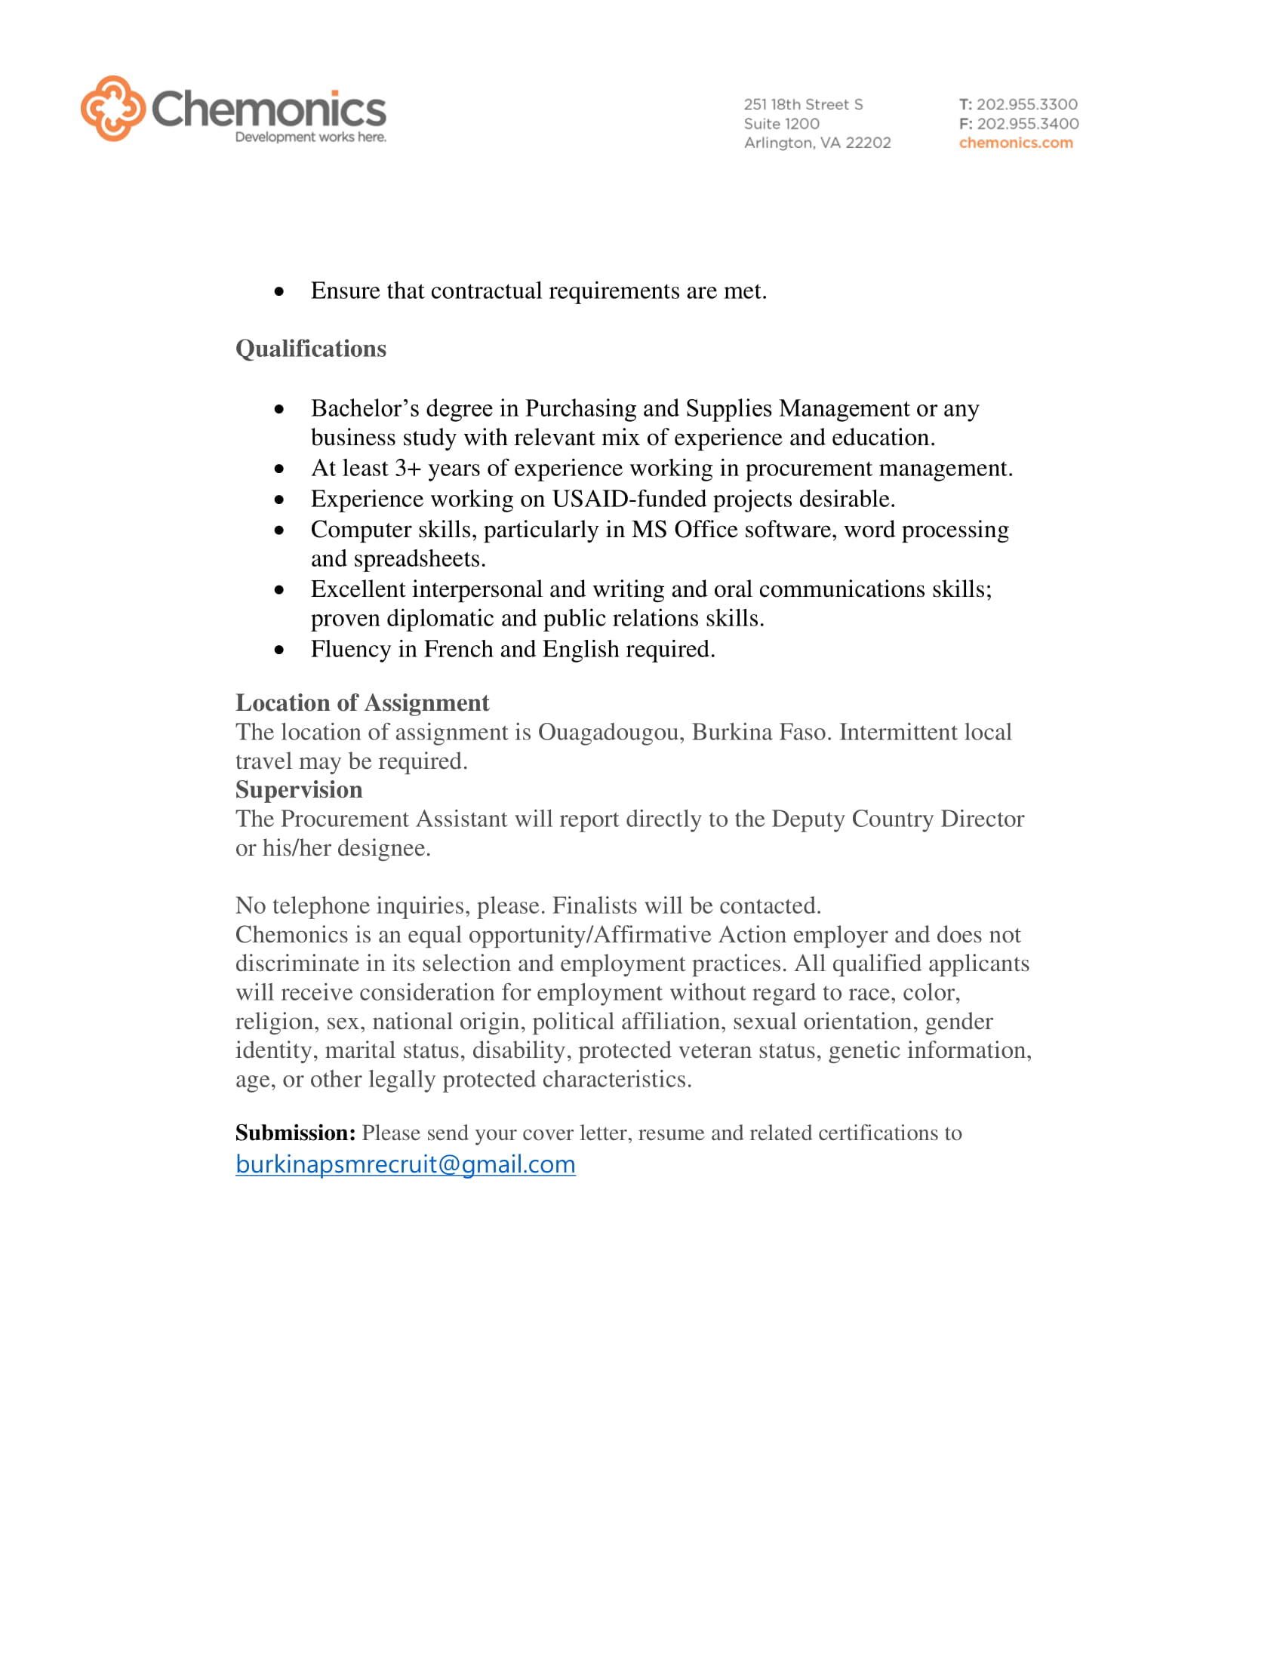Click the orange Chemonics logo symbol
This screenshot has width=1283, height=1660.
[x=112, y=108]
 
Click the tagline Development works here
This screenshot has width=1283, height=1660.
[x=310, y=137]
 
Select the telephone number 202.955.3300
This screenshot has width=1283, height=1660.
[x=1026, y=104]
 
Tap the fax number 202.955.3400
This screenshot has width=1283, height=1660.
[x=1027, y=123]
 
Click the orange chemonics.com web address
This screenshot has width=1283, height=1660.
[x=1015, y=143]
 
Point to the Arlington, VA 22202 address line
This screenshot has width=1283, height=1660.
[x=817, y=143]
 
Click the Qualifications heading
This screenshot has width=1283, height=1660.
[x=311, y=349]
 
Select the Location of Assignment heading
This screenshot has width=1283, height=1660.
[x=362, y=703]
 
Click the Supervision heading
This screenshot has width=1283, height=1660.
[x=299, y=790]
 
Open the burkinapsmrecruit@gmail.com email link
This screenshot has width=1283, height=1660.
[x=405, y=1164]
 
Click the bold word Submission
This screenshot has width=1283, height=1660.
[x=295, y=1133]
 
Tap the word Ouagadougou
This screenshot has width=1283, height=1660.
[x=611, y=732]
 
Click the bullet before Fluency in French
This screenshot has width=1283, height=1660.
[x=280, y=650]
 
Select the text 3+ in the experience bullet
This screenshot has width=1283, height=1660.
[x=408, y=469]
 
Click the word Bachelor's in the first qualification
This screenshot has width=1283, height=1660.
[x=365, y=409]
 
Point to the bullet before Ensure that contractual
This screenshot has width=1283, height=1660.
[x=280, y=291]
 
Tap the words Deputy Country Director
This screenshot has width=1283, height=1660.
[x=897, y=819]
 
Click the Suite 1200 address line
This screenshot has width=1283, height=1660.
[x=781, y=123]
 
